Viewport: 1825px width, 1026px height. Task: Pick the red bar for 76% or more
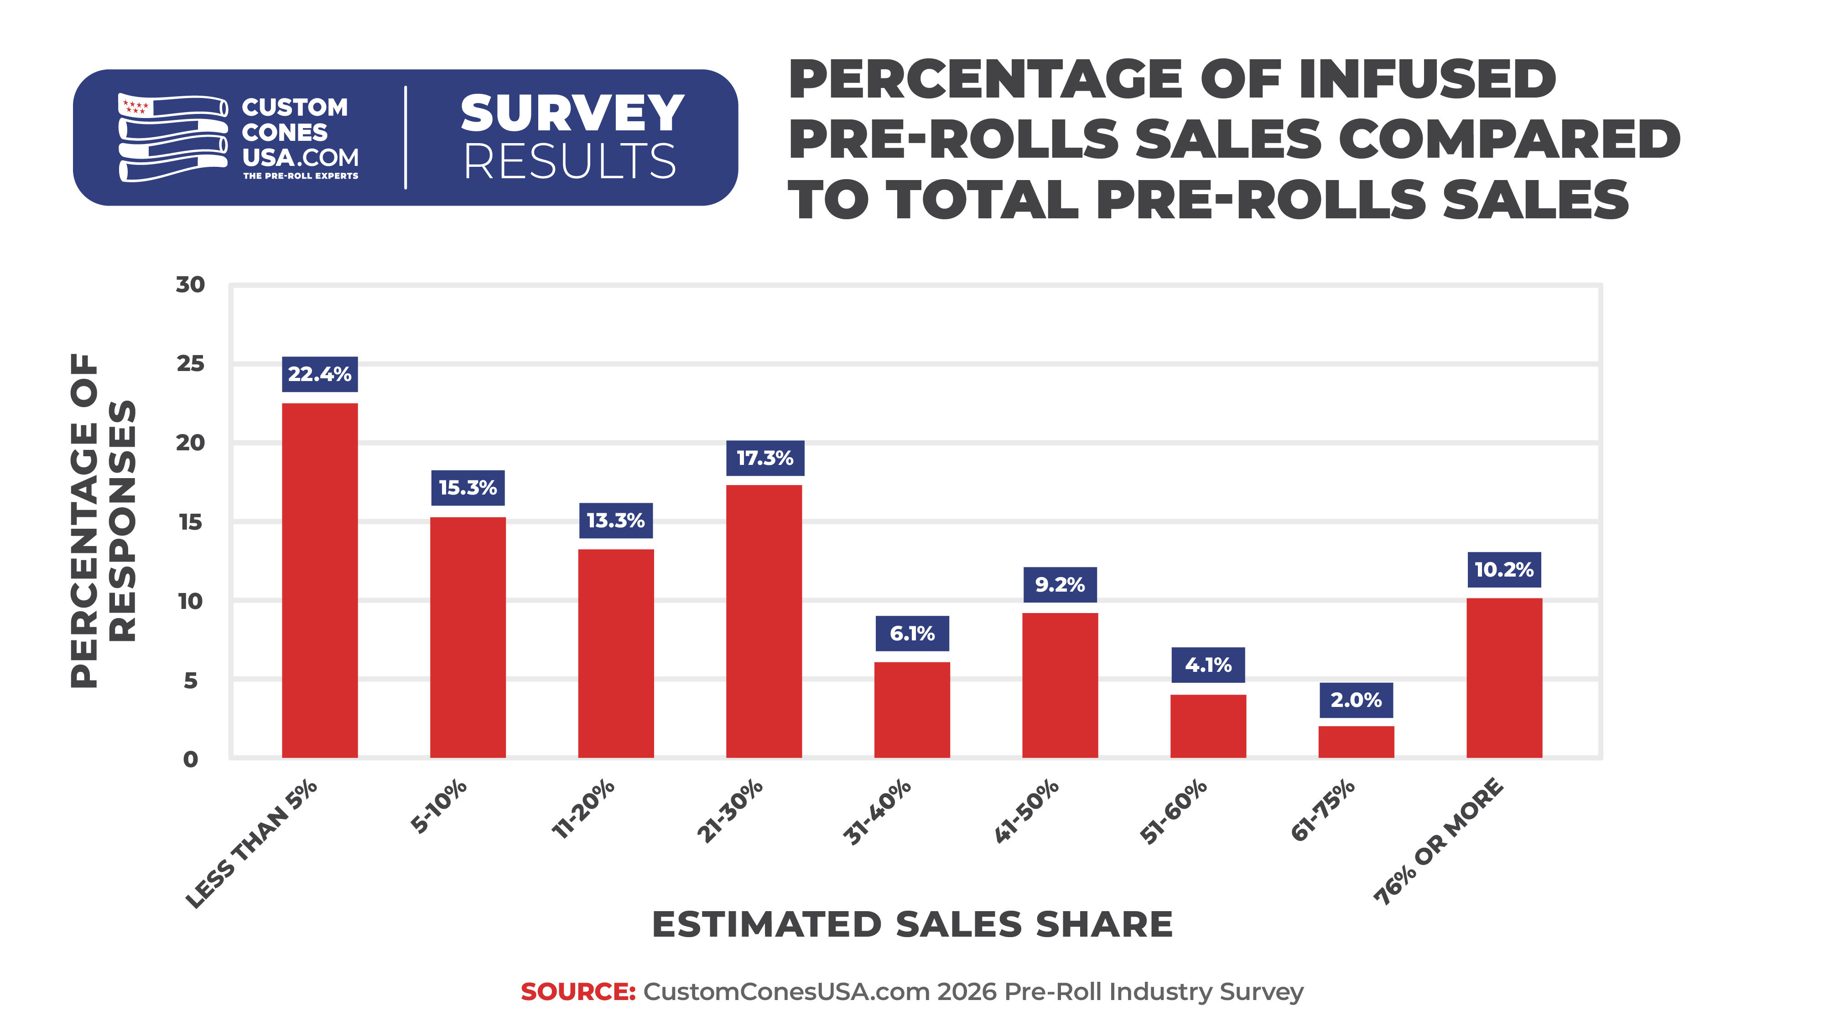tap(1504, 678)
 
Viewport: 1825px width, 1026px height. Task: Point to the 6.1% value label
tap(912, 633)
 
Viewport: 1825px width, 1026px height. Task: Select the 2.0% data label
tap(1356, 700)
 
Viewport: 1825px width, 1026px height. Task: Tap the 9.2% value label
tap(1060, 584)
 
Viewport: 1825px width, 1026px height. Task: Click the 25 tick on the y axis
tap(190, 364)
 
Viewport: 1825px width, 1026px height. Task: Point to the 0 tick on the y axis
tap(190, 759)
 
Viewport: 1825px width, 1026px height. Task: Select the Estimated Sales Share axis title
tap(912, 924)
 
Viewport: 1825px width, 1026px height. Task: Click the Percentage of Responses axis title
tap(103, 521)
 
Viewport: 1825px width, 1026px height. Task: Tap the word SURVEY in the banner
tap(572, 113)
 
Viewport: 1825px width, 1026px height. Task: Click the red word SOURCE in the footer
tap(578, 991)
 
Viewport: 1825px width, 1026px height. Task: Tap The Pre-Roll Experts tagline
tap(301, 175)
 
